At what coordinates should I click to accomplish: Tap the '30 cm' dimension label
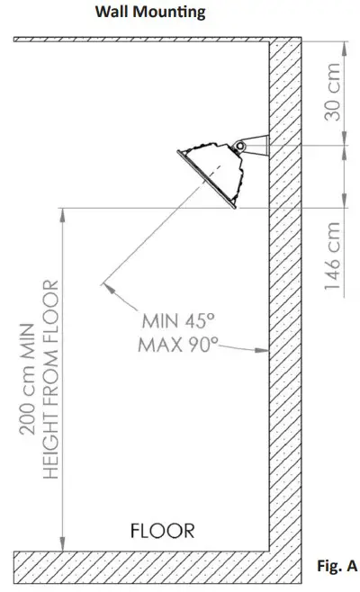333,93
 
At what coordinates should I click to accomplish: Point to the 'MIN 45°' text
176,321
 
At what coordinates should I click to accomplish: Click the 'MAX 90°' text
180,345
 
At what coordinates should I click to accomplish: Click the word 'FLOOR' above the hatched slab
162,530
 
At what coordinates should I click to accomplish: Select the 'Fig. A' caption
338,566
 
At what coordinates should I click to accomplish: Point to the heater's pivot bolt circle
240,147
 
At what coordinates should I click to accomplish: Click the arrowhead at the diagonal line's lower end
104,286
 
